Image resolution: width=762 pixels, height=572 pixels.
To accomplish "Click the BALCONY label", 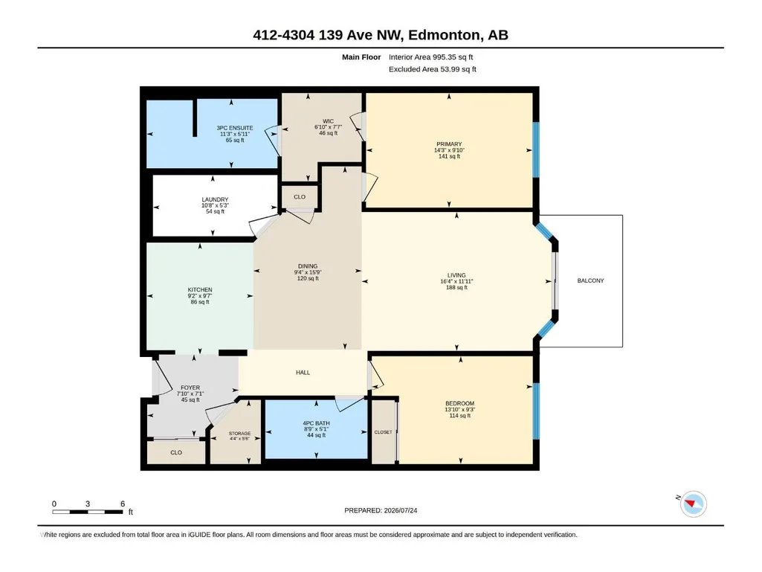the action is [x=590, y=280].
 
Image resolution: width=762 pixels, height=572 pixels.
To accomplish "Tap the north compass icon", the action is [x=693, y=504].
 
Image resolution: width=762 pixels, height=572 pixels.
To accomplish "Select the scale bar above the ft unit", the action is [x=88, y=512].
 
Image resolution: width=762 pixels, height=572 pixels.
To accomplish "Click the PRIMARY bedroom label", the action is [x=449, y=144].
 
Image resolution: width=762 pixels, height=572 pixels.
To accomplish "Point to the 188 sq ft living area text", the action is [x=456, y=287].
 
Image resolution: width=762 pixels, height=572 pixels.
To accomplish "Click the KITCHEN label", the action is [x=200, y=290].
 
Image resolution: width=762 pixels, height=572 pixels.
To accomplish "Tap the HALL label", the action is [x=303, y=373].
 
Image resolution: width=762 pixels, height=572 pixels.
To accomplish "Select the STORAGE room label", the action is [x=239, y=434].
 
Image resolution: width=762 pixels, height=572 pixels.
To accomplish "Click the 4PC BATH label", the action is [x=316, y=423].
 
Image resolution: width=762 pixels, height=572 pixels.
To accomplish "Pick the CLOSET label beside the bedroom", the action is [x=383, y=432].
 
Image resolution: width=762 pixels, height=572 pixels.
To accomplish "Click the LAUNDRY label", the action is [x=215, y=199].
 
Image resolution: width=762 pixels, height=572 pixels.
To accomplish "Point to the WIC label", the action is [x=328, y=121].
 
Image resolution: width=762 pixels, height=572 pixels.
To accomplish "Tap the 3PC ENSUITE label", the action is [x=235, y=128].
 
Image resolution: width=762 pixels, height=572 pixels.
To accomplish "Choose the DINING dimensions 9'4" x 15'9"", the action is [x=308, y=272].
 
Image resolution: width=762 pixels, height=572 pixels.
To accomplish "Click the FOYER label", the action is [x=190, y=388].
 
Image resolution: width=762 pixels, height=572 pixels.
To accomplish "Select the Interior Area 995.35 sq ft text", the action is [x=430, y=57].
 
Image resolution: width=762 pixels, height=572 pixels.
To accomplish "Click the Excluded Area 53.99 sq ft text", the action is [x=432, y=69].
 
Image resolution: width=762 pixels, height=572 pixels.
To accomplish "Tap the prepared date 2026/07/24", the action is [x=401, y=510].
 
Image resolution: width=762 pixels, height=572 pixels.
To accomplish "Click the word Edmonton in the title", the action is [x=444, y=35].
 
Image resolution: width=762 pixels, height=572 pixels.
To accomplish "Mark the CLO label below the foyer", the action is [x=176, y=452].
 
